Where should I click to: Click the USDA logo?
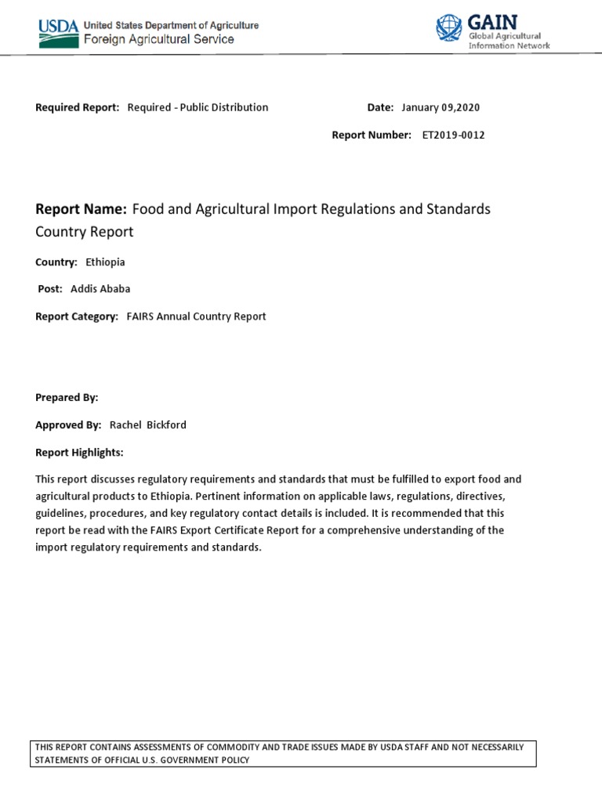coord(59,32)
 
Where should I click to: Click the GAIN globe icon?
coord(449,29)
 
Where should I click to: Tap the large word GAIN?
coord(491,22)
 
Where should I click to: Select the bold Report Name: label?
coord(81,209)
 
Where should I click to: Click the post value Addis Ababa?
coord(100,288)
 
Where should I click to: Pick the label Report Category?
coord(77,316)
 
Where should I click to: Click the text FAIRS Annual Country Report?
coord(196,316)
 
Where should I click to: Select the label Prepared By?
coord(67,397)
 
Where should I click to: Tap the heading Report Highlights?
coord(79,453)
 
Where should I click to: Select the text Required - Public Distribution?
coord(198,107)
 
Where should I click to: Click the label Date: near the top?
coord(380,107)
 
